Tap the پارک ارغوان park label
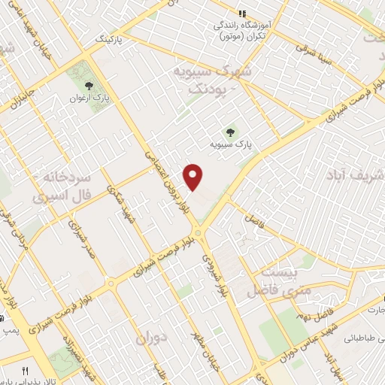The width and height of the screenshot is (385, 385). tap(85, 98)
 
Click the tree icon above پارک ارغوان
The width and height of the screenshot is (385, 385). tap(89, 86)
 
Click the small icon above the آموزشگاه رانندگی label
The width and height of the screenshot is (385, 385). tap(242, 14)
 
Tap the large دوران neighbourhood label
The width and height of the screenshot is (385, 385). tap(154, 339)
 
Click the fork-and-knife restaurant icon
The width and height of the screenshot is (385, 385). tap(25, 371)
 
